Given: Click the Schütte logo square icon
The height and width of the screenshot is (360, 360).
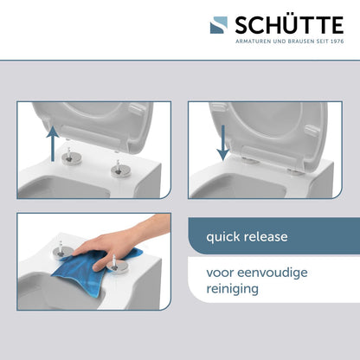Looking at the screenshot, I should coord(218,26).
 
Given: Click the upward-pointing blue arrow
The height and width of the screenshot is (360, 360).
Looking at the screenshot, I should coord(53,143).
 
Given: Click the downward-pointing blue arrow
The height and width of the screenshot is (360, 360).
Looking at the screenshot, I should coord(222,144).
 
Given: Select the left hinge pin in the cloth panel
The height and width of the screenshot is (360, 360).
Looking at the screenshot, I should coord(61,252).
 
